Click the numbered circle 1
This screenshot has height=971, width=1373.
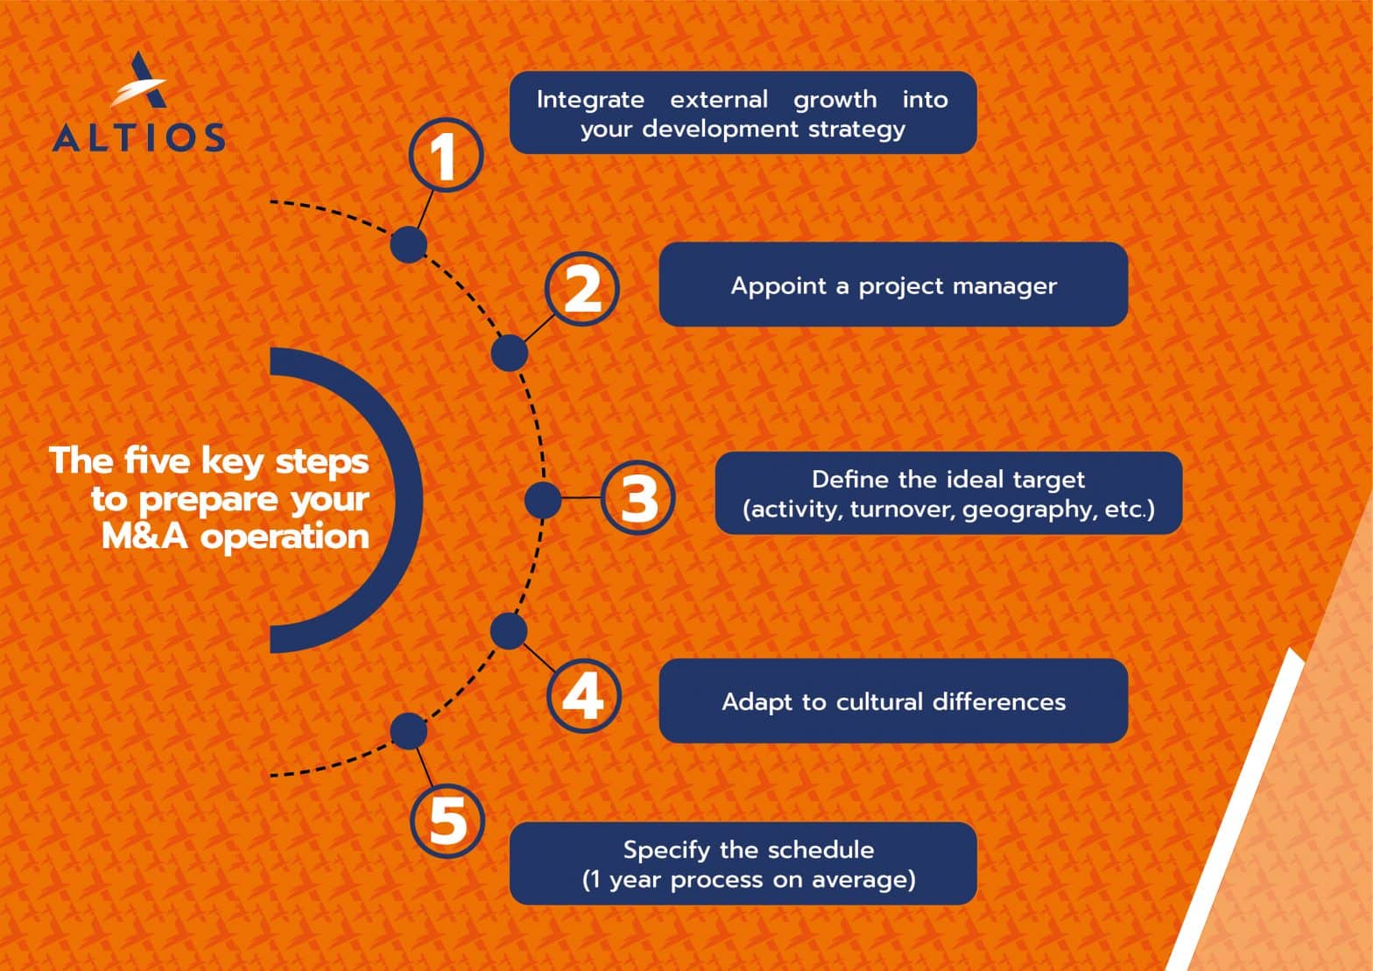(x=447, y=155)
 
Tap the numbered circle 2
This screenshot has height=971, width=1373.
(x=581, y=289)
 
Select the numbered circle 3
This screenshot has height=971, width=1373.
(x=638, y=497)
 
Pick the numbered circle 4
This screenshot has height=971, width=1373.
(x=583, y=696)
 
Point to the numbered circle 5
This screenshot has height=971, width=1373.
(x=447, y=821)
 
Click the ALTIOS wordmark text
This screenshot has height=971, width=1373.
(x=138, y=137)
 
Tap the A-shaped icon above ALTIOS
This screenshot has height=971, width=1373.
(x=139, y=80)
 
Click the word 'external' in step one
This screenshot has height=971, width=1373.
(x=719, y=99)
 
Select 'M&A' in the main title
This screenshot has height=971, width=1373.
(x=144, y=537)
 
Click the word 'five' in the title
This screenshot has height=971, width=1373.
(x=156, y=460)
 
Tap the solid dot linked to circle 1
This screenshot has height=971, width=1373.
(x=409, y=244)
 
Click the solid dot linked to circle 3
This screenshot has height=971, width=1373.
(x=543, y=499)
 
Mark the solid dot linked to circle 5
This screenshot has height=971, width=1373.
(x=409, y=731)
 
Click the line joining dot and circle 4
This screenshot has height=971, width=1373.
(x=539, y=658)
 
